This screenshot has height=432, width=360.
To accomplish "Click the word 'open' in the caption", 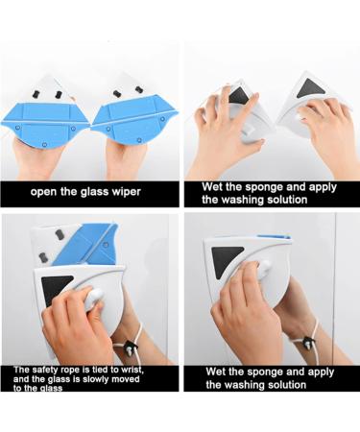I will tap(46, 191).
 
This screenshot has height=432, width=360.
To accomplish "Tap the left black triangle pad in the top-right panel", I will tap(239, 95).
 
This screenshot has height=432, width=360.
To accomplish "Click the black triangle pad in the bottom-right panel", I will tap(228, 257).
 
